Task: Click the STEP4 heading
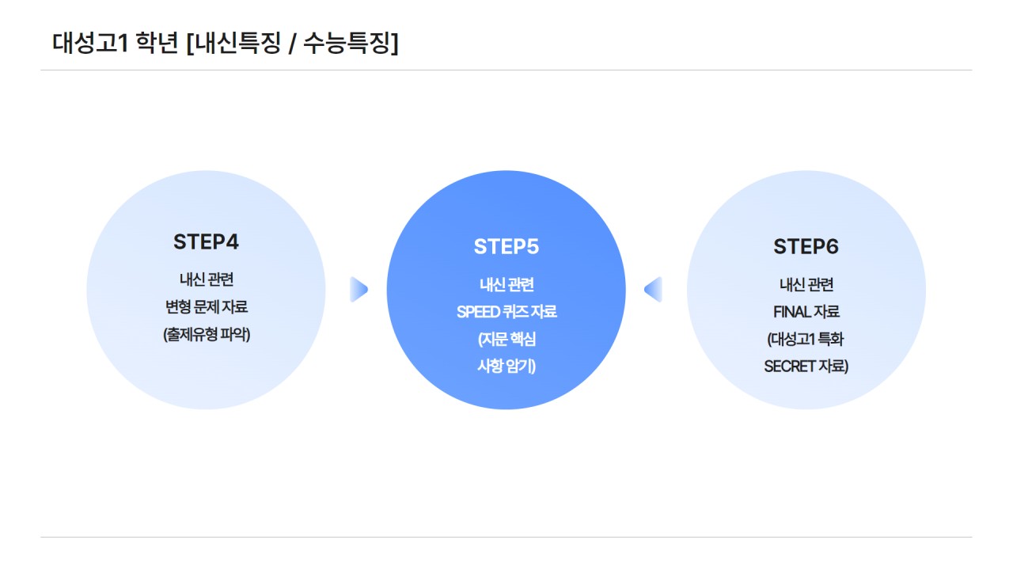(x=206, y=242)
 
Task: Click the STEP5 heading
(x=506, y=247)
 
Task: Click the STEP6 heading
(x=806, y=247)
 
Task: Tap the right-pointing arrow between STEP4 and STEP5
(x=359, y=290)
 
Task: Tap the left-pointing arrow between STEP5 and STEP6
(x=653, y=290)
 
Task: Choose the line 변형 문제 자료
(x=206, y=307)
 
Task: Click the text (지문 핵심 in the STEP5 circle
(x=506, y=340)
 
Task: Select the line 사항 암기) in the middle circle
(x=506, y=367)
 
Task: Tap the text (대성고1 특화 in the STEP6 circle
(x=806, y=340)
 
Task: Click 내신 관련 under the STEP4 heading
(x=206, y=279)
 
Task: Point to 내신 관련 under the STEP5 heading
(x=506, y=285)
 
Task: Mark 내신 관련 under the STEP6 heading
(x=806, y=285)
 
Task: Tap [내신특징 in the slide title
(x=233, y=43)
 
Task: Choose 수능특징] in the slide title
(x=351, y=43)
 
